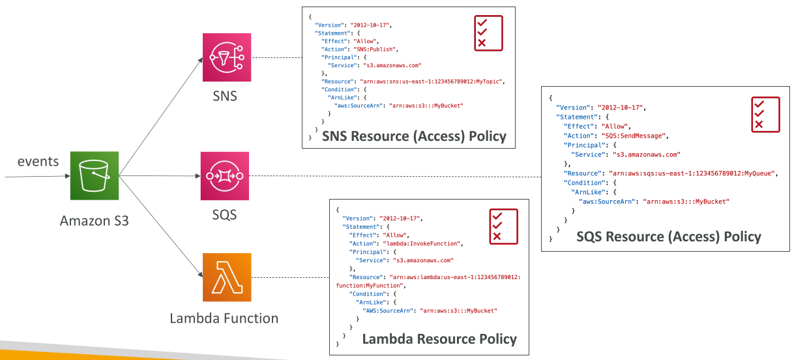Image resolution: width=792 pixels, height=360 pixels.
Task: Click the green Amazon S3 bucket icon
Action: coord(95,175)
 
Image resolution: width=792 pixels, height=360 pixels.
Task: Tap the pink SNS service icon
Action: coord(227,57)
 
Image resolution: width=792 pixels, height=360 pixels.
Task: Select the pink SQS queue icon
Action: coord(224,175)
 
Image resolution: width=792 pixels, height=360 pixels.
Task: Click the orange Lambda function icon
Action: coord(227,277)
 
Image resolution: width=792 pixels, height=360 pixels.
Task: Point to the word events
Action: coord(38,161)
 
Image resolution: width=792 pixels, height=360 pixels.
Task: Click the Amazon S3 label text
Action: coord(94,220)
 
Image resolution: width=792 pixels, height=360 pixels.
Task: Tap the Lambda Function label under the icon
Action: coord(224,318)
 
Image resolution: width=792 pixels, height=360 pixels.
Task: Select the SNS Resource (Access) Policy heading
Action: coord(414,136)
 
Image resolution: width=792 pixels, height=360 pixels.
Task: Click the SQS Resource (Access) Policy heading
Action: coord(669,237)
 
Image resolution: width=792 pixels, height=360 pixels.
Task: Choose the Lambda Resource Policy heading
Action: coord(439,338)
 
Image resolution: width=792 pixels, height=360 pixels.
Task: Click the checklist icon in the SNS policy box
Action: coord(488,33)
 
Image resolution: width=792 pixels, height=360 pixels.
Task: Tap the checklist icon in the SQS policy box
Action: coord(765,115)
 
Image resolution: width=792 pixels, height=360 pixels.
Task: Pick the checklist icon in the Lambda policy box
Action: coord(503,227)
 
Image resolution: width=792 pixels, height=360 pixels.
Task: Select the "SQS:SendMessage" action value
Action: coord(633,136)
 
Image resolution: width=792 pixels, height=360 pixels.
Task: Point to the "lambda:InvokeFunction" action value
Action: coord(422,244)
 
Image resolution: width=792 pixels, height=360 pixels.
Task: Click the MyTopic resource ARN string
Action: coord(432,82)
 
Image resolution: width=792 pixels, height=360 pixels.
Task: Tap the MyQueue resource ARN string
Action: coord(692,173)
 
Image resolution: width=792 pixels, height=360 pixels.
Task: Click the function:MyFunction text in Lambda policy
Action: coord(370,286)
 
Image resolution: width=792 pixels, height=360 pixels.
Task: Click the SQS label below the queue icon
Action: coord(224,215)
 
